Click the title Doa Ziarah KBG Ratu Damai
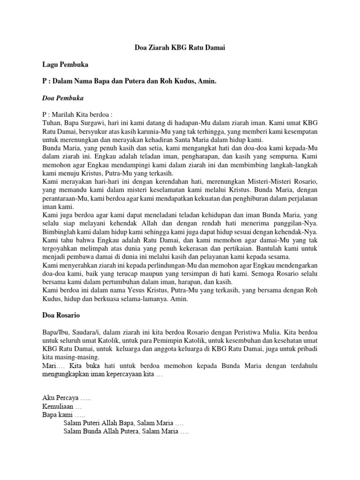pyautogui.click(x=180, y=48)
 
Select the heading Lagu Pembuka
pyautogui.click(x=62, y=65)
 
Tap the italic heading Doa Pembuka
pyautogui.click(x=62, y=98)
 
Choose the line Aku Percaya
pyautogui.click(x=66, y=398)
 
